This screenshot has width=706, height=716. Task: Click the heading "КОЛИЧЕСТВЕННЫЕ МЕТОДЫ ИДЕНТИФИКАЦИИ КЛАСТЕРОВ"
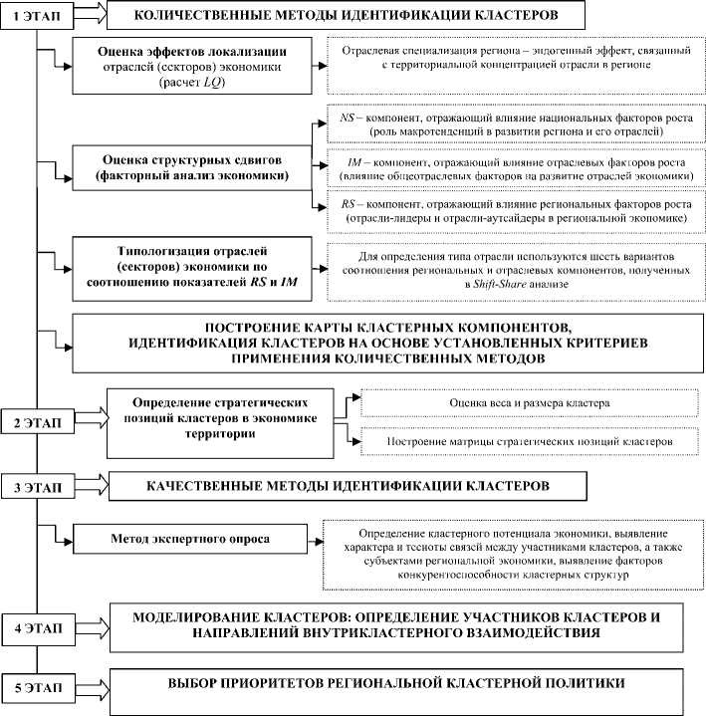tap(346, 16)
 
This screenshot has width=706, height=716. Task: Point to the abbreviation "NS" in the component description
tap(348, 118)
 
